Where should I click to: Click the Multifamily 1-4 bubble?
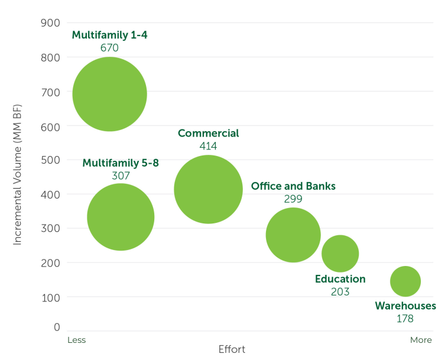[109, 94]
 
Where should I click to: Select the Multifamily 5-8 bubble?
[121, 217]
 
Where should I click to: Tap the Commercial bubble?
[208, 190]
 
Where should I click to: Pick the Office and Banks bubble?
[293, 235]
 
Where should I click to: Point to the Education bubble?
[340, 254]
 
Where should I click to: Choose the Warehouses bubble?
[405, 281]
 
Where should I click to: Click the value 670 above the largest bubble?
[109, 48]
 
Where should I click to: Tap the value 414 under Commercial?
[208, 146]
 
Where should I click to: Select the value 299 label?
[293, 199]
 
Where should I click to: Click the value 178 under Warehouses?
[405, 319]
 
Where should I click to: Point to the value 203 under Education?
[340, 292]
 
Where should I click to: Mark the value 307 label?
[121, 176]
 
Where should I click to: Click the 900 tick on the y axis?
[51, 23]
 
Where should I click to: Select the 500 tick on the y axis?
[51, 160]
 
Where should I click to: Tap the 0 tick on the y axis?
[57, 327]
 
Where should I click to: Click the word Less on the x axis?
[77, 340]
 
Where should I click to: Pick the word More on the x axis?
[421, 340]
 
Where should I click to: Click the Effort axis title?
[232, 349]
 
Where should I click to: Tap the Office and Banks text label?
[293, 186]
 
